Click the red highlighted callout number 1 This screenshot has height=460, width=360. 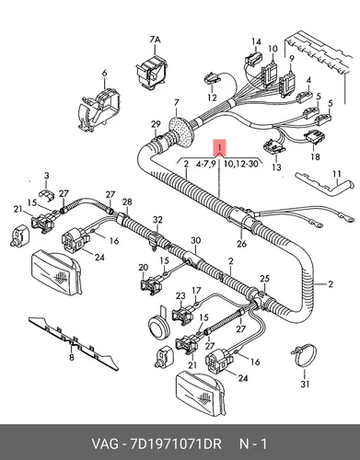[220, 147]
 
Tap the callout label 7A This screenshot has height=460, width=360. [156, 40]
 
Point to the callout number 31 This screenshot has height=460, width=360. [305, 384]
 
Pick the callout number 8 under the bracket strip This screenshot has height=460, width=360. [71, 357]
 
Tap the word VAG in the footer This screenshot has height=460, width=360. [105, 443]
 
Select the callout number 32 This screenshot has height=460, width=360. [157, 220]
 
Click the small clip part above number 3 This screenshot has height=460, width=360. [46, 194]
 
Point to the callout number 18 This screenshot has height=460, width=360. [315, 156]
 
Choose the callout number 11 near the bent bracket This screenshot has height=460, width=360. [337, 174]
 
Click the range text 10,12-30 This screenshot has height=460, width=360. [240, 164]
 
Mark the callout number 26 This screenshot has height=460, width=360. [242, 244]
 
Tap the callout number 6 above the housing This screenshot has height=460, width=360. [104, 74]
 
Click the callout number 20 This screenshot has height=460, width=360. [144, 268]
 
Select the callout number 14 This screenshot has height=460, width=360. [257, 41]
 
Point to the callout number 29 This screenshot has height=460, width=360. [156, 124]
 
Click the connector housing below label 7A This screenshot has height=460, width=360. [152, 73]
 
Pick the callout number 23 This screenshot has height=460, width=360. [180, 296]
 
